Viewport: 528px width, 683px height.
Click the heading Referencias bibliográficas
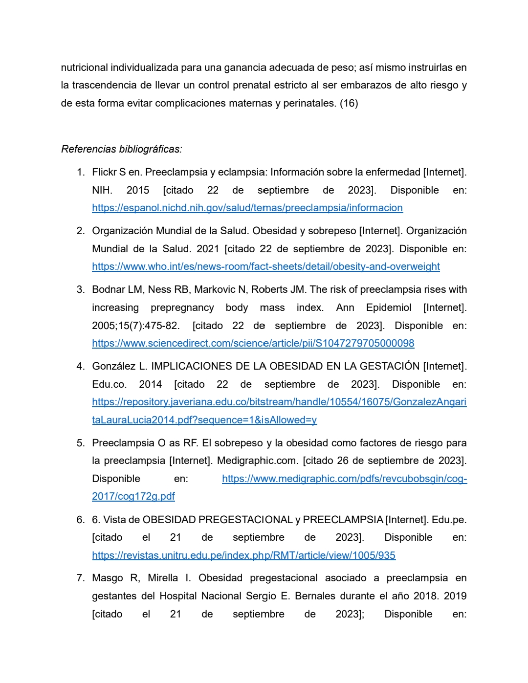click(121, 149)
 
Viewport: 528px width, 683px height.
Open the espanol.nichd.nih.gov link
click(247, 208)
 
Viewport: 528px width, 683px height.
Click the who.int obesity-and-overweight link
click(265, 266)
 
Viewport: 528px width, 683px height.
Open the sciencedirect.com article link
click(253, 343)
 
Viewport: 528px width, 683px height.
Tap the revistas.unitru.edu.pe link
click(243, 555)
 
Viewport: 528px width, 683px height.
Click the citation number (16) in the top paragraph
click(349, 103)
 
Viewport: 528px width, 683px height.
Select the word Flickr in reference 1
click(104, 172)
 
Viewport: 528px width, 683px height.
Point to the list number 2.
click(80, 231)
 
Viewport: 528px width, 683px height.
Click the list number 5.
click(80, 443)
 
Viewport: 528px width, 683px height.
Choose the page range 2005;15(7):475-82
click(135, 326)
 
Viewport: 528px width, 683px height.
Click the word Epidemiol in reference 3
click(389, 308)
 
